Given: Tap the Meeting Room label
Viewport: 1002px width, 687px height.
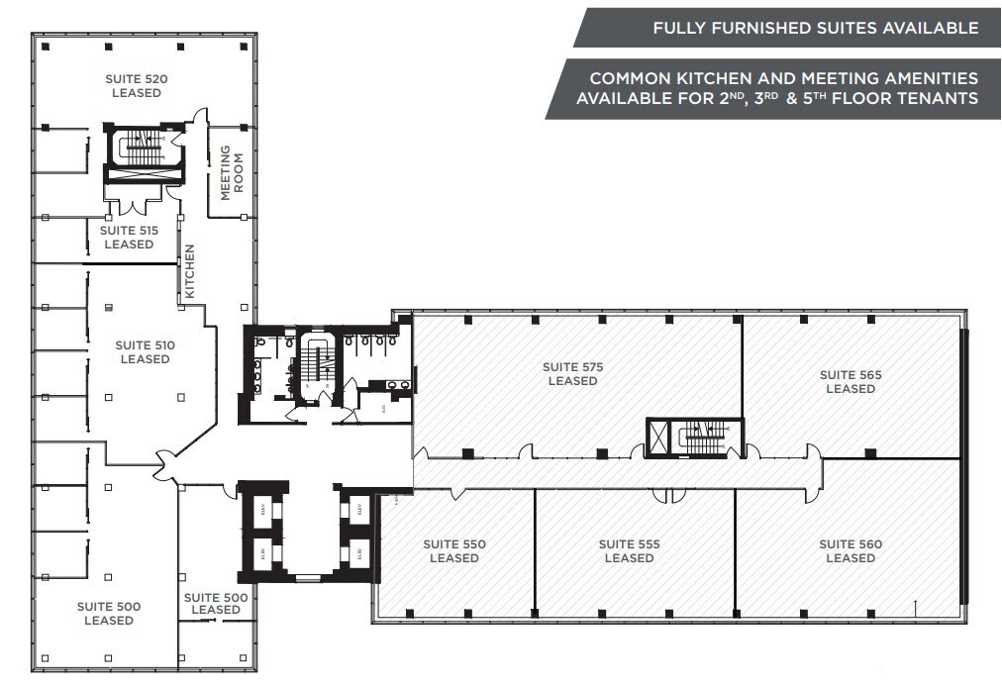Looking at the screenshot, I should [x=231, y=173].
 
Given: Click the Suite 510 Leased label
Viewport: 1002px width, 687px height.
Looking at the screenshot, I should [x=145, y=351].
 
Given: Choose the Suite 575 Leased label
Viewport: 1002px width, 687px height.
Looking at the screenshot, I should [x=572, y=374].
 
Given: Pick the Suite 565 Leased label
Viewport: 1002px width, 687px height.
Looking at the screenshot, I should [x=851, y=381].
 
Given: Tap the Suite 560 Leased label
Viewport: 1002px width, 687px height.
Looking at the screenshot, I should [x=851, y=550].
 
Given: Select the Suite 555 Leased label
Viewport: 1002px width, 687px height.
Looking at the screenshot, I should [x=629, y=550].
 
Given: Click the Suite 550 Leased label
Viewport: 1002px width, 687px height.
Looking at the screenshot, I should [x=454, y=550].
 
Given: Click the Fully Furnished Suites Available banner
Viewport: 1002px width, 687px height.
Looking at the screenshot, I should [x=787, y=28].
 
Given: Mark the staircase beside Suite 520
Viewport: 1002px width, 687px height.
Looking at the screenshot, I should [x=145, y=149].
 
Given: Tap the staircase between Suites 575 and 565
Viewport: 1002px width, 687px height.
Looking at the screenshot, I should [x=703, y=437].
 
